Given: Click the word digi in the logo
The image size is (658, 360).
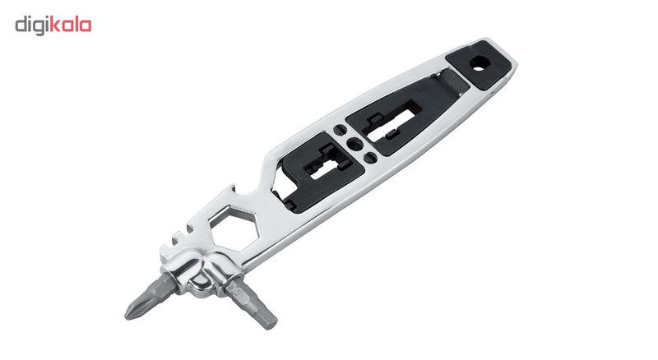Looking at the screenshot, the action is (32, 26).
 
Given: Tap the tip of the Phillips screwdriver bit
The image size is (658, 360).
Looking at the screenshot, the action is (127, 316).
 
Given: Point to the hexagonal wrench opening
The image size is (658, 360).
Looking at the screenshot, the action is (234, 228).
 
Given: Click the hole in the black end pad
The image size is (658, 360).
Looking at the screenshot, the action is (478, 63).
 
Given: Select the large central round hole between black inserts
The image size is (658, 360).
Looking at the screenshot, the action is (354, 145).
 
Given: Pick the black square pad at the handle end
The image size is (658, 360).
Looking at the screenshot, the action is (479, 65).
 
